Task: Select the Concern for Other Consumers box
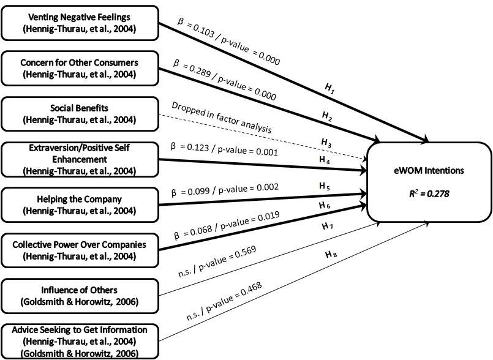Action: pos(80,67)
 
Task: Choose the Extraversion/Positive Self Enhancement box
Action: pos(80,159)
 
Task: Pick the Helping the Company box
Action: pos(80,204)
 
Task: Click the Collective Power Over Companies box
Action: pos(80,250)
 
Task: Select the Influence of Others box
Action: pos(80,295)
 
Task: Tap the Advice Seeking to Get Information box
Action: pos(80,340)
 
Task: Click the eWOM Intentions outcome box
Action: pos(429,182)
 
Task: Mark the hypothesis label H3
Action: pos(327,141)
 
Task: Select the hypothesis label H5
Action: pos(325,187)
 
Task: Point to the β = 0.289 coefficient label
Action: pos(225,80)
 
